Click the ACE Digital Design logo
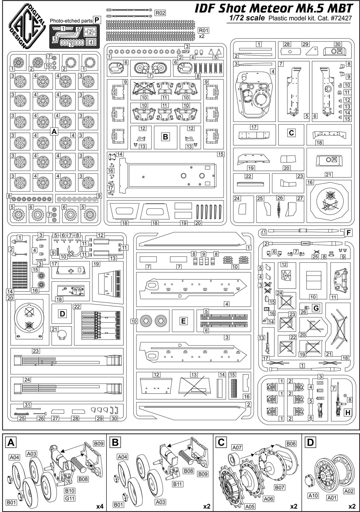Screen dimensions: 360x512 coord(27,26)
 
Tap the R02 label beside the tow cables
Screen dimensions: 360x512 coord(160,13)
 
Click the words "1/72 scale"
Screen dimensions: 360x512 coord(247,18)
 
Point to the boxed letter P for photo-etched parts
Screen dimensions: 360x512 coord(97,20)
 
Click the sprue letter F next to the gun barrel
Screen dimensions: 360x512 coord(348,233)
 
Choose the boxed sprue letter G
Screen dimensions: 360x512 coord(316,308)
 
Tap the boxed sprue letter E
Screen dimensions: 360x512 coord(183,321)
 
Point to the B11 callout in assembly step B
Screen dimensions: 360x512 coord(177,484)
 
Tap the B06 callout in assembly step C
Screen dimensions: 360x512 coord(291,444)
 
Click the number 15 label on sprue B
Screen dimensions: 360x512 coord(220,154)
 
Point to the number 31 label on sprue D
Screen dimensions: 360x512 coord(27,404)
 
